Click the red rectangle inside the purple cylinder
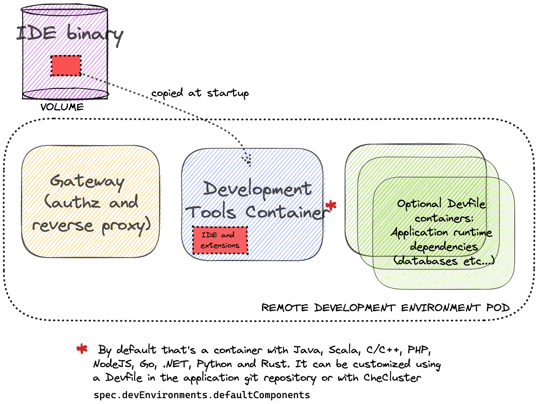point(66,66)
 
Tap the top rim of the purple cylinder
point(65,11)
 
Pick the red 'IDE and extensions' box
point(220,240)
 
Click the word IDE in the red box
point(209,235)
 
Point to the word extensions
point(220,246)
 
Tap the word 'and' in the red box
point(228,235)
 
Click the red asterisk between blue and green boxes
point(331,205)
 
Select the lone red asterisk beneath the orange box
point(82,348)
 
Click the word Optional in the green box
point(419,204)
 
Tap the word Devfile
point(466,204)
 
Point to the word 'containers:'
point(444,218)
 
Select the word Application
point(420,232)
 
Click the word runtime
point(473,232)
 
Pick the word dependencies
point(444,247)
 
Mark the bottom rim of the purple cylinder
point(65,96)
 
